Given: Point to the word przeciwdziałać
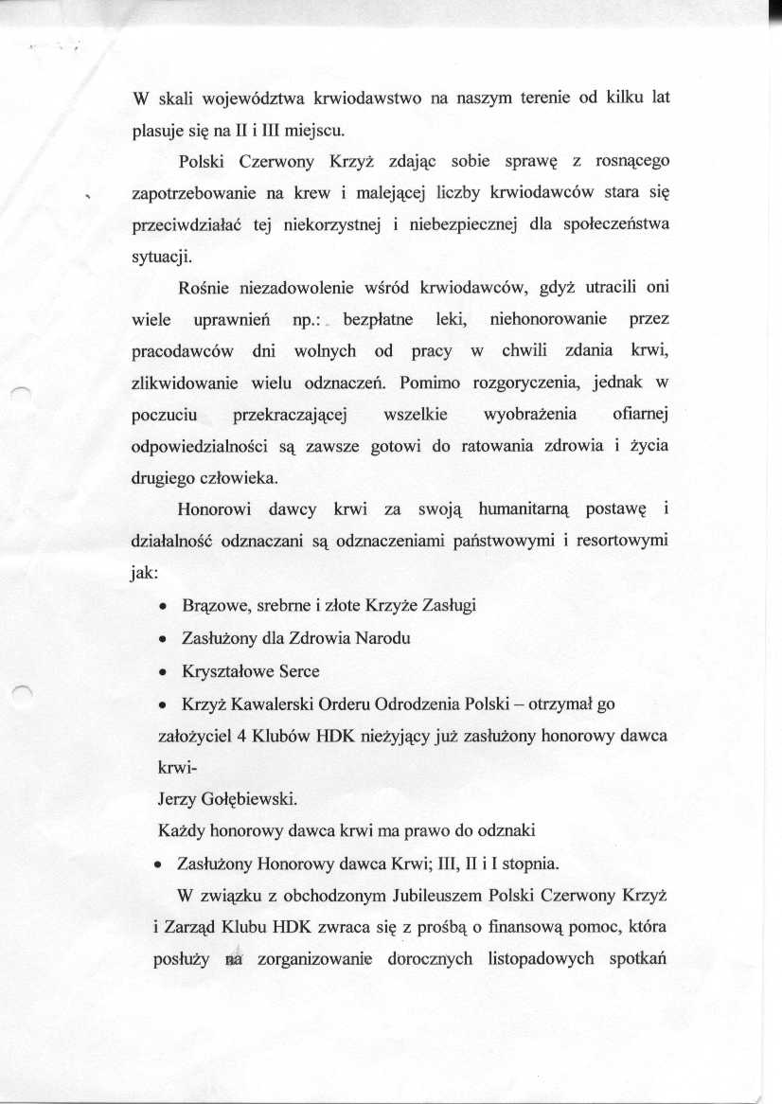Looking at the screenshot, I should tap(183, 225).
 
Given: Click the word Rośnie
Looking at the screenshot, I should tap(203, 289).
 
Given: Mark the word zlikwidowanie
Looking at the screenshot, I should tap(181, 383).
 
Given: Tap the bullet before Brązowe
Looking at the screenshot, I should tap(165, 607).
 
